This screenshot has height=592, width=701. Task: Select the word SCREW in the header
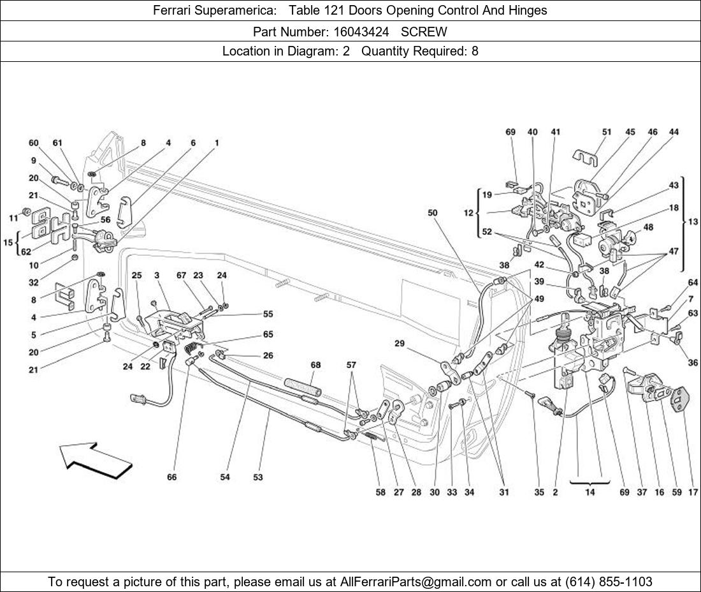(x=424, y=31)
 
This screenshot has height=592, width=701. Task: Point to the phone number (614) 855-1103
(x=609, y=582)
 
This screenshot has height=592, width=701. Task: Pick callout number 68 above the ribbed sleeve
(x=315, y=366)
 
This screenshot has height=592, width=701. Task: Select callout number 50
(x=433, y=212)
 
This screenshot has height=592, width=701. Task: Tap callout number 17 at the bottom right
(x=693, y=492)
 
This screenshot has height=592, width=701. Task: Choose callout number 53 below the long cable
(x=257, y=477)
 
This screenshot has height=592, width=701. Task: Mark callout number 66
(x=171, y=477)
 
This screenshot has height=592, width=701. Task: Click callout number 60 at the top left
(x=33, y=143)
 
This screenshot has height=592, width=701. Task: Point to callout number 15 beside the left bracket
(x=8, y=242)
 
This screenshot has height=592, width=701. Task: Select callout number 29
(x=400, y=344)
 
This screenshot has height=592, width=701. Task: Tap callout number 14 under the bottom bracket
(x=589, y=492)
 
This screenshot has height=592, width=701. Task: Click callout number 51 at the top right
(x=606, y=133)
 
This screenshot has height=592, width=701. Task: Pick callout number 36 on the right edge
(x=693, y=363)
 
